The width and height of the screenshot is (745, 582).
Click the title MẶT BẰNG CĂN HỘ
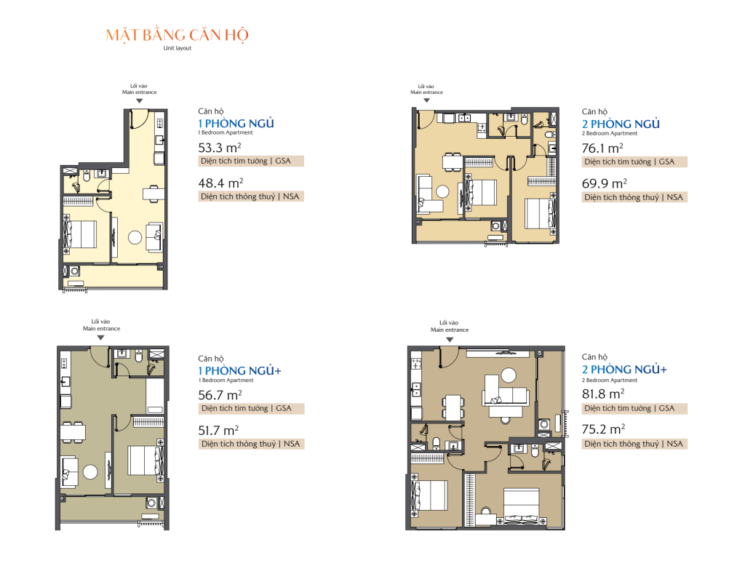click(x=178, y=35)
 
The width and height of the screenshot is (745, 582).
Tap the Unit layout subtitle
click(x=178, y=48)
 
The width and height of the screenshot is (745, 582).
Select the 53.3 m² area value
click(x=220, y=148)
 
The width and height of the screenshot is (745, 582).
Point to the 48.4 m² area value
click(x=220, y=183)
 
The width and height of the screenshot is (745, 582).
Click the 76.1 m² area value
click(x=602, y=148)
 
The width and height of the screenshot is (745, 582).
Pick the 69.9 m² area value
click(x=605, y=183)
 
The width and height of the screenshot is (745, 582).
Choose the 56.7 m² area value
click(x=220, y=395)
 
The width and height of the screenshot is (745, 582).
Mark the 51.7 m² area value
click(x=218, y=431)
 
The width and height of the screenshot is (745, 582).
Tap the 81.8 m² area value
click(x=603, y=394)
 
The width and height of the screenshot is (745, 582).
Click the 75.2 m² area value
click(x=603, y=429)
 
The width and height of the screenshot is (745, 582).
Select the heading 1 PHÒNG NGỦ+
click(x=239, y=370)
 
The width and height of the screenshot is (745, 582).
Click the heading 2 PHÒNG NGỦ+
click(x=624, y=369)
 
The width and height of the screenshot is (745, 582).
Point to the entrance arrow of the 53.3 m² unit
click(x=139, y=100)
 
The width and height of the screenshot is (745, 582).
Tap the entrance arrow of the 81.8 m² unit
click(x=450, y=339)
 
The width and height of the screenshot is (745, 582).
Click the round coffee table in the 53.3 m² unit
click(x=135, y=237)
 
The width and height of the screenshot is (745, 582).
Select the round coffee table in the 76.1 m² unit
click(x=442, y=191)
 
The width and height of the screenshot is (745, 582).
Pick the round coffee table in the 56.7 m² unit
click(x=90, y=471)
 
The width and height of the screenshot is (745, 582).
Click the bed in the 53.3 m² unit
click(x=81, y=234)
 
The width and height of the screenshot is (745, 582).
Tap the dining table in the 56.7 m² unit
click(x=73, y=432)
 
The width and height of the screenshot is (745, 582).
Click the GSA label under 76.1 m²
click(x=666, y=162)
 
